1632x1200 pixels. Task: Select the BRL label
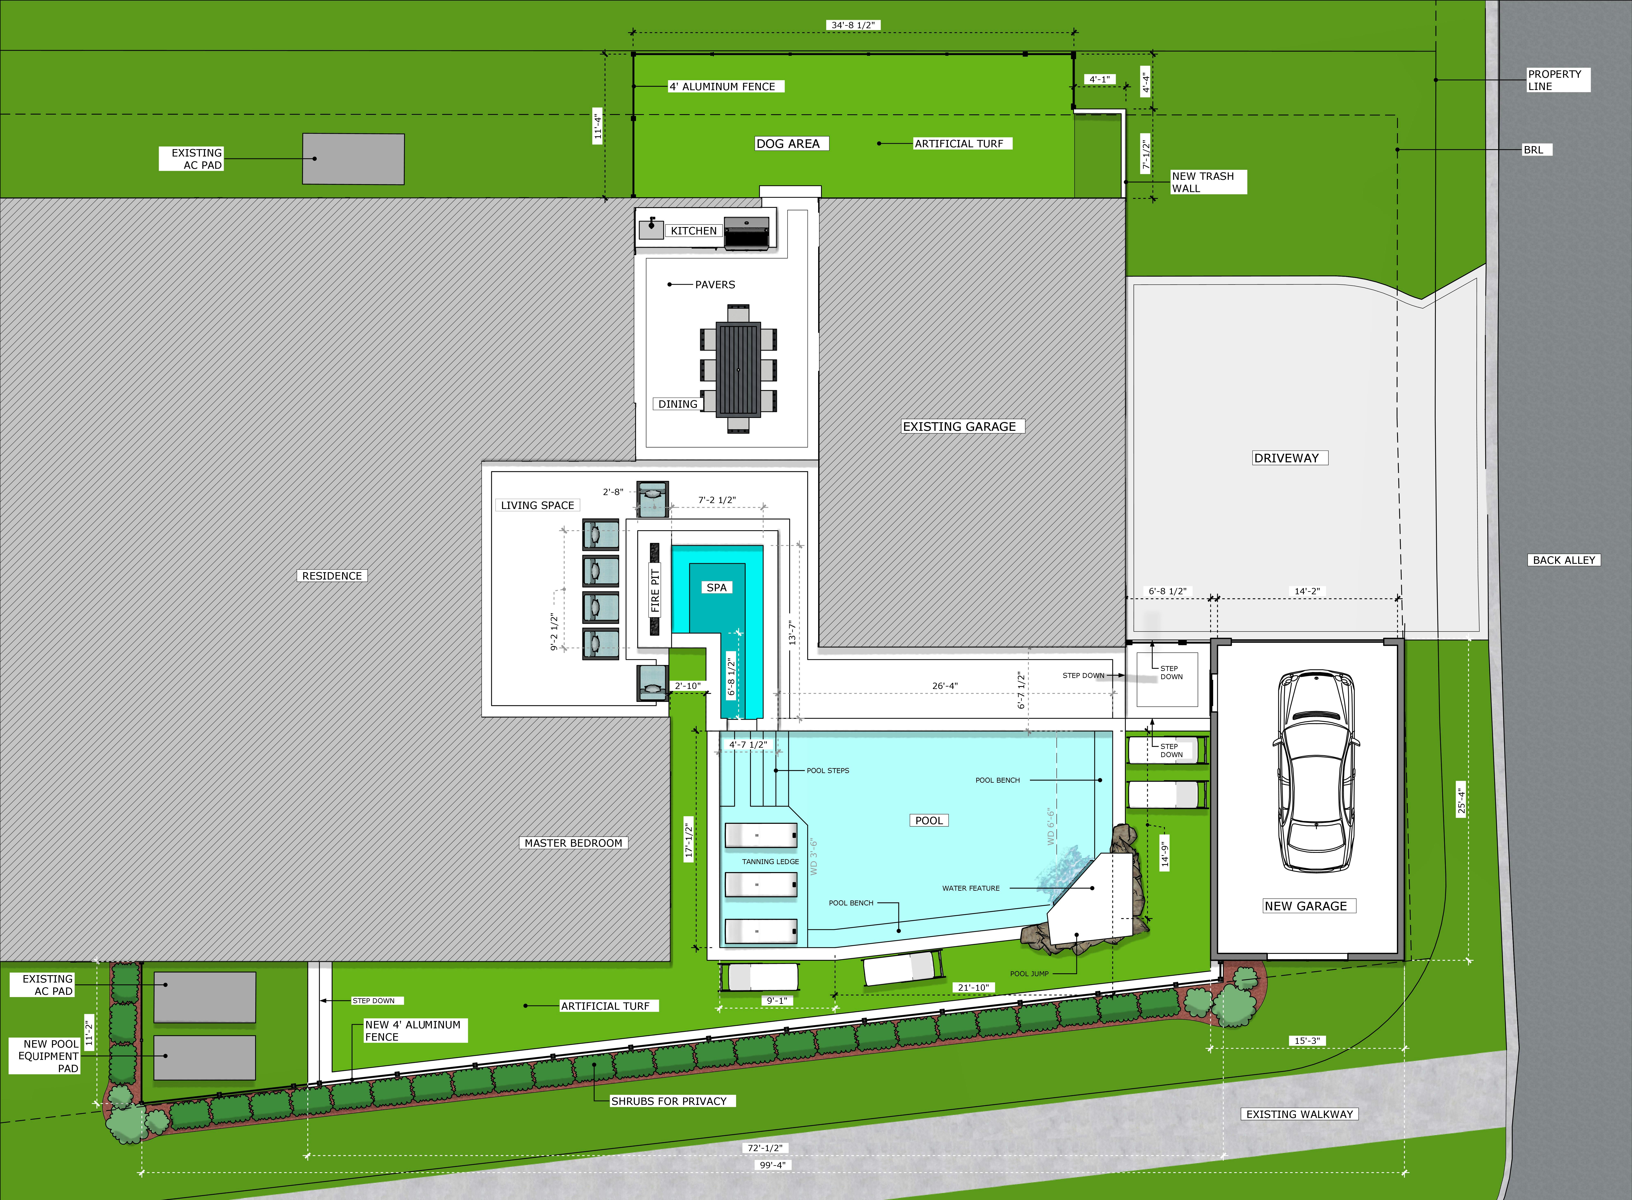[x=1533, y=150]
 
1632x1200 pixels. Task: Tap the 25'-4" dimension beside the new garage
[x=1461, y=800]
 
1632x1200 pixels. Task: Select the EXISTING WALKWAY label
[x=1299, y=1114]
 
